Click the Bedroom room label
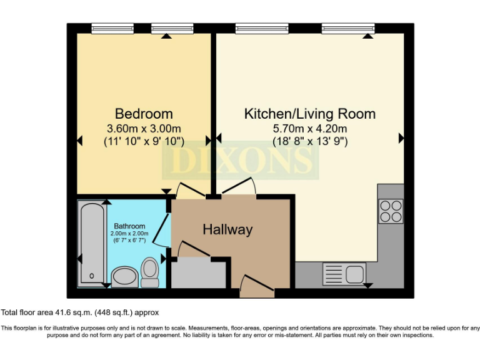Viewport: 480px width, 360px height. pyautogui.click(x=144, y=114)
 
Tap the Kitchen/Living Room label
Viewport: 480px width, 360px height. pyautogui.click(x=309, y=114)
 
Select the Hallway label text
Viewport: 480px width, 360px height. pyautogui.click(x=227, y=230)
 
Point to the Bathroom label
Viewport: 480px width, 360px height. pyautogui.click(x=129, y=226)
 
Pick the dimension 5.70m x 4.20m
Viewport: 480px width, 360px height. pyautogui.click(x=309, y=129)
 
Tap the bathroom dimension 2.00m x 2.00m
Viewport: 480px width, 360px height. pyautogui.click(x=129, y=233)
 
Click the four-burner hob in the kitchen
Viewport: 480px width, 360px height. pyautogui.click(x=391, y=211)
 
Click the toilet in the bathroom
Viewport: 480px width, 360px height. pyautogui.click(x=149, y=272)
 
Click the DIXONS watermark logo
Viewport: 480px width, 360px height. pyautogui.click(x=241, y=160)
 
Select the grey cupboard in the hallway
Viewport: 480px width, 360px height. pyautogui.click(x=198, y=274)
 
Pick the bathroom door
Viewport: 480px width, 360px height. pyautogui.click(x=162, y=231)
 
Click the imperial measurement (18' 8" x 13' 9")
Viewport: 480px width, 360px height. pyautogui.click(x=309, y=141)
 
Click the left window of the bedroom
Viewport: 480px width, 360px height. pyautogui.click(x=109, y=27)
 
